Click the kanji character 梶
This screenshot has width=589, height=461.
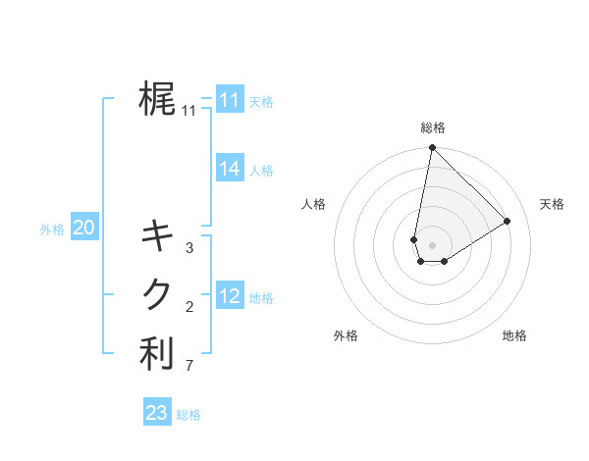point(157,99)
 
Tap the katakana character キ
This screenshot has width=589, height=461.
point(157,235)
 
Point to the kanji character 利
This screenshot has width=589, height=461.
point(157,354)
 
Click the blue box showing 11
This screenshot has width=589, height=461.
point(230,100)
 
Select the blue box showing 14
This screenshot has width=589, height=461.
point(230,169)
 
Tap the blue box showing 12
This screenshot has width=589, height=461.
point(230,296)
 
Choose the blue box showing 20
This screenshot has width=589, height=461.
point(84,229)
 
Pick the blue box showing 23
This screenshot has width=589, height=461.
point(157,413)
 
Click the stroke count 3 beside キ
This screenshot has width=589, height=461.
point(189,248)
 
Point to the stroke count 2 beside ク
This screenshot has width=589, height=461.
point(189,307)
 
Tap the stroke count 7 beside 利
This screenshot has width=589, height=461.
point(189,367)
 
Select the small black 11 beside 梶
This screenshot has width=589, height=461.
point(189,111)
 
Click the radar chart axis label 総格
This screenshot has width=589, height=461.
point(433,128)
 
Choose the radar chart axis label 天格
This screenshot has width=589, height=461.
point(552,204)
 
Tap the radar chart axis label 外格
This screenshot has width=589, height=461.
point(346,335)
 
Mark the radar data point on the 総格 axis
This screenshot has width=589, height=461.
point(432,148)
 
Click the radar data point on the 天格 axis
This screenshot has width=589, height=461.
point(508,221)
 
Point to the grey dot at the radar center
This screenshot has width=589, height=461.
point(432,245)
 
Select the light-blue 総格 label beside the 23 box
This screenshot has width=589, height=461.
point(188,415)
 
